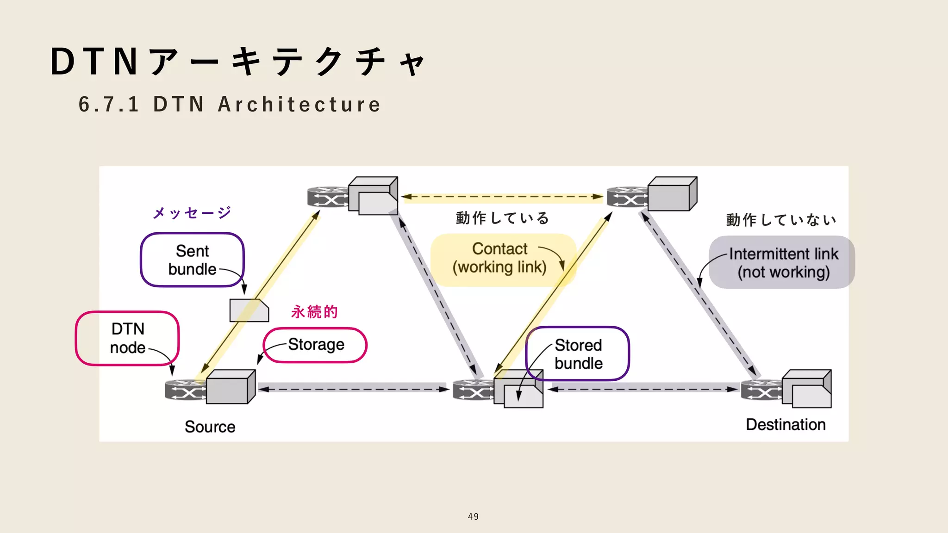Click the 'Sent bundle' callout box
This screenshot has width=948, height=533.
(x=192, y=260)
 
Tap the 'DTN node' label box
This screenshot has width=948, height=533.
(x=127, y=338)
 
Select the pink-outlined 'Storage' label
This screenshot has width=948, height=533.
(x=316, y=345)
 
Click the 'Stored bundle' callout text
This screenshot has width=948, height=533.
(x=578, y=354)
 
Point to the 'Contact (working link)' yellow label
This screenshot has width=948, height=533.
(x=500, y=258)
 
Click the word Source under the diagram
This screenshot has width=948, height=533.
(x=210, y=427)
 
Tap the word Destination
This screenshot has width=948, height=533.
(x=786, y=424)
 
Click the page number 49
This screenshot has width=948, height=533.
(x=473, y=516)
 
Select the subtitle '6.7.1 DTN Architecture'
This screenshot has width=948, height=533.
(x=230, y=104)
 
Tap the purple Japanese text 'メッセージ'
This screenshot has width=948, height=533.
(x=192, y=213)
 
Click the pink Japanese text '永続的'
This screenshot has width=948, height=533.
(x=314, y=311)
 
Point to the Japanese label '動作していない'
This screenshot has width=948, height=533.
(x=781, y=220)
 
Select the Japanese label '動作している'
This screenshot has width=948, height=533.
(x=502, y=218)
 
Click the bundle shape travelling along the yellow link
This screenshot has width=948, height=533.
(x=249, y=310)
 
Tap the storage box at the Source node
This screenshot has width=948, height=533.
(x=230, y=387)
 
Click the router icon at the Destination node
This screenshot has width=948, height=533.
(x=761, y=390)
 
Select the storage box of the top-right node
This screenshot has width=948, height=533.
(x=672, y=194)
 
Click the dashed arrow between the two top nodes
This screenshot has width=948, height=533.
(x=502, y=197)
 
